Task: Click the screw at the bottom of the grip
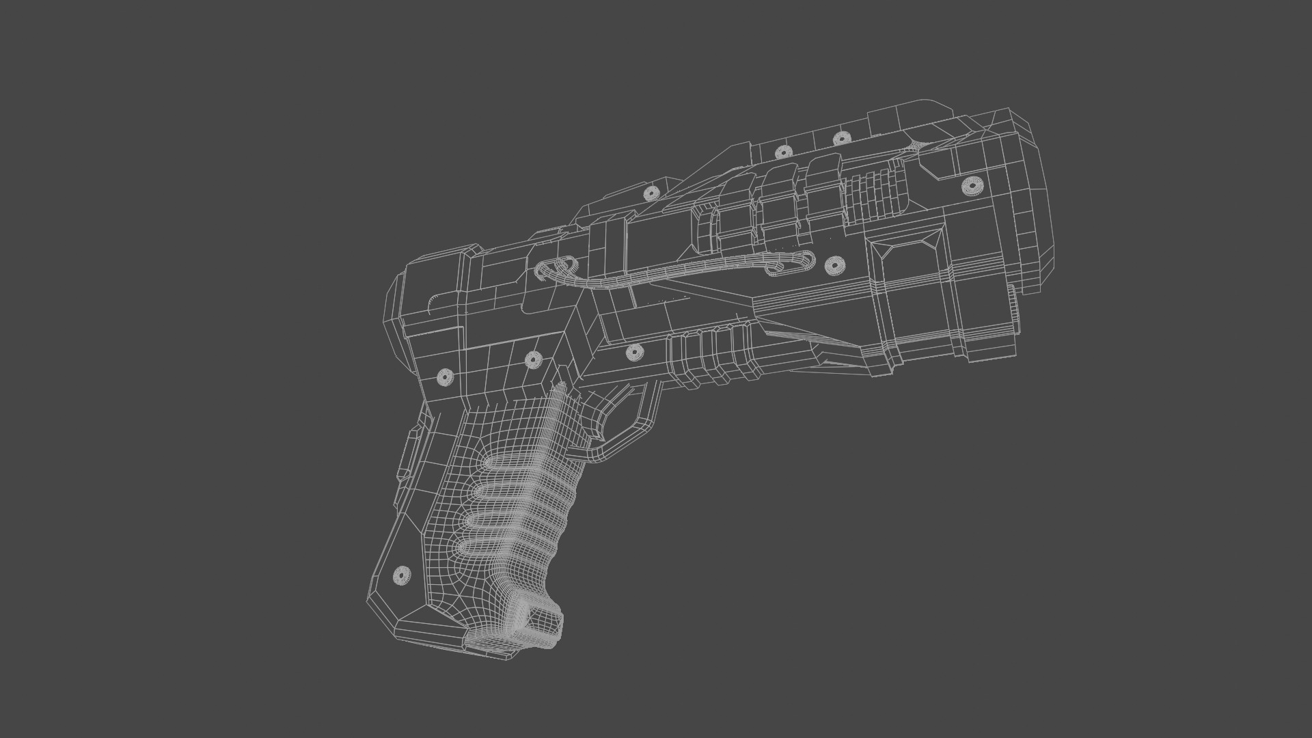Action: [402, 575]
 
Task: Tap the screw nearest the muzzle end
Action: [971, 185]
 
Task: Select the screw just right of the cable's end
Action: [834, 265]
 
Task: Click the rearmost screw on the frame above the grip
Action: [445, 377]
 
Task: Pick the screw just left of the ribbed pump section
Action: [634, 353]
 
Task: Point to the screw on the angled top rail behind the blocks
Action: [651, 193]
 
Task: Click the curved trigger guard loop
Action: [632, 424]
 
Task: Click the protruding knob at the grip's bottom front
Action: [540, 618]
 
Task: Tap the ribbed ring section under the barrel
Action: [714, 355]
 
